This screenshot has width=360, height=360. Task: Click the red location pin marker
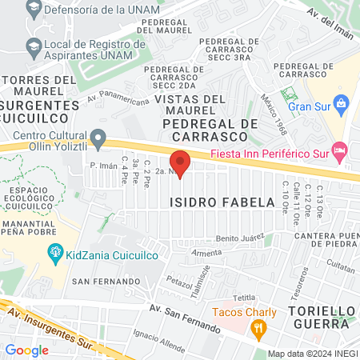click(181, 162)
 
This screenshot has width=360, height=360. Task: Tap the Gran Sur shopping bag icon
click(342, 103)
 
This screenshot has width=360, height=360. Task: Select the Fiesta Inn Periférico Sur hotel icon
click(339, 150)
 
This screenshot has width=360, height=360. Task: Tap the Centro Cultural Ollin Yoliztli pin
click(98, 139)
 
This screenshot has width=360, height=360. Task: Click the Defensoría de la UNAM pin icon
click(33, 10)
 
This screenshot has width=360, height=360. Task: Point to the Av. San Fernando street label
click(185, 320)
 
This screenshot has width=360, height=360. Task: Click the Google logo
click(26, 350)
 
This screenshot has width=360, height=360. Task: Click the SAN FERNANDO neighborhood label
click(106, 282)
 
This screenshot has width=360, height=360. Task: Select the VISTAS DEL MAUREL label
click(189, 104)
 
